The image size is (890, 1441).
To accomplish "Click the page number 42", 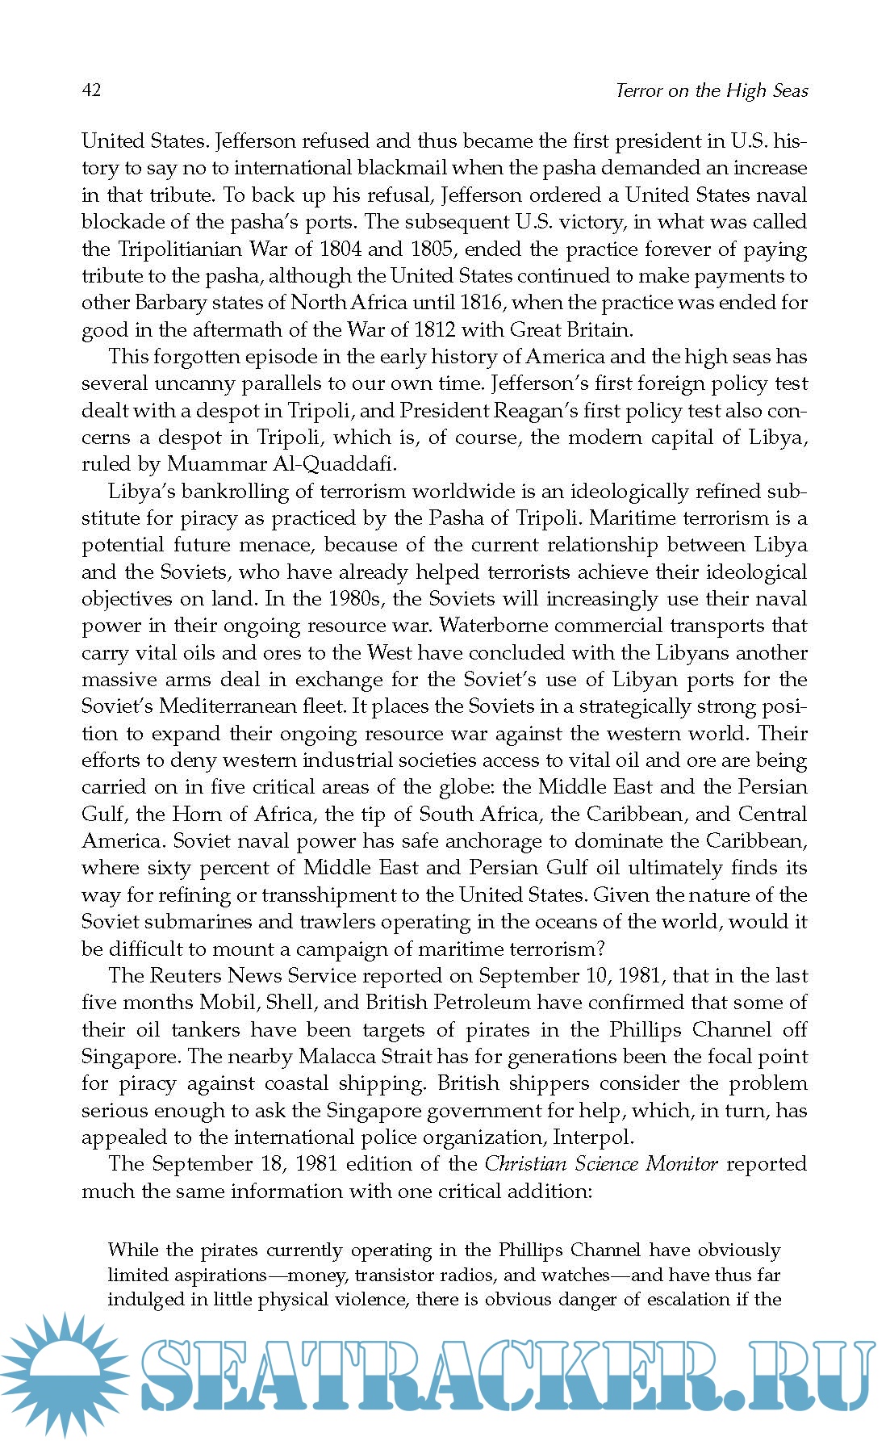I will click(91, 90).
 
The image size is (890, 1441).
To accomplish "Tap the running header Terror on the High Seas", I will click(711, 90).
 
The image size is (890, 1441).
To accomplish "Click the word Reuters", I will click(183, 975).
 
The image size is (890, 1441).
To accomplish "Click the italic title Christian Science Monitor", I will click(600, 1164).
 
